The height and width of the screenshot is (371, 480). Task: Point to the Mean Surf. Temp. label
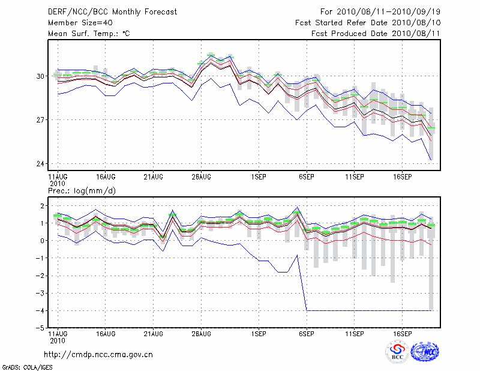tap(89, 34)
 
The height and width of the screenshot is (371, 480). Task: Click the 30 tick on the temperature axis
tap(41, 76)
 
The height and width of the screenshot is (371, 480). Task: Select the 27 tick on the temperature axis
tap(41, 120)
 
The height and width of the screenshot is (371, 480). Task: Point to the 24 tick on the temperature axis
tap(41, 164)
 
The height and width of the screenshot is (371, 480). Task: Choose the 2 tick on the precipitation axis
tap(43, 206)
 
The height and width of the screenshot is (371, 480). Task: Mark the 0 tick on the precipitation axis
tap(43, 241)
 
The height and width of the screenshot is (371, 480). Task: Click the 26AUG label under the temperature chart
tap(202, 177)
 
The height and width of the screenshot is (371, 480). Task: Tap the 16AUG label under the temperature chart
tap(106, 177)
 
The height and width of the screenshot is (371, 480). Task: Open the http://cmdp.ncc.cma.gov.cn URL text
tap(98, 354)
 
